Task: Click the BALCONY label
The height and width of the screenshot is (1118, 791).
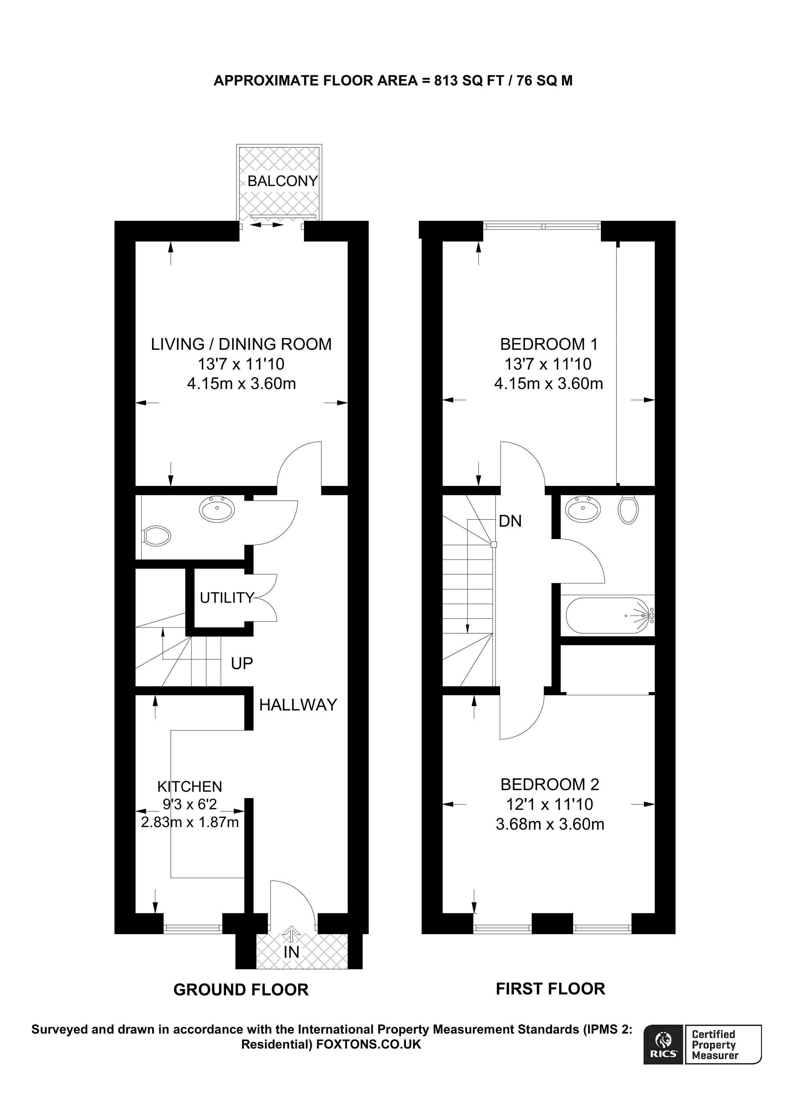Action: pos(282,181)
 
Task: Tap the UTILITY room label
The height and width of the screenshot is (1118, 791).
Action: pos(227,598)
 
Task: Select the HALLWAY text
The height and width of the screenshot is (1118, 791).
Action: pos(298,705)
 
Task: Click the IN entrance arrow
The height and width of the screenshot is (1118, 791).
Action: pos(292,934)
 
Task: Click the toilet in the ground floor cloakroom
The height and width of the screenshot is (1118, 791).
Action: pos(156,536)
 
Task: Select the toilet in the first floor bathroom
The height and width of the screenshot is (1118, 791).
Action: pos(628,509)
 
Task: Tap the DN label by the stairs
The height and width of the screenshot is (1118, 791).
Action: pos(510,521)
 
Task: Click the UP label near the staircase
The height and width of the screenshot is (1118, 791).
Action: pos(242,663)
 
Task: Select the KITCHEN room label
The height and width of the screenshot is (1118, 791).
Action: pos(189,759)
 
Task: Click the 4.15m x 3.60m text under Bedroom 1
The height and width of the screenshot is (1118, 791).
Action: pos(548,384)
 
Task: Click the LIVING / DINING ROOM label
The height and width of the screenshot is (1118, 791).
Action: pos(241,344)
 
